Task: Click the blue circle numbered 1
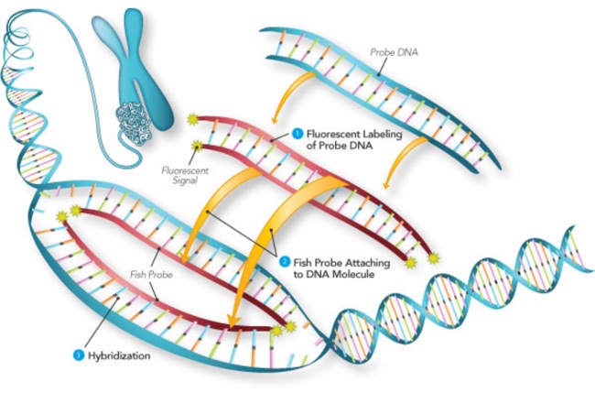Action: (x=297, y=133)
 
